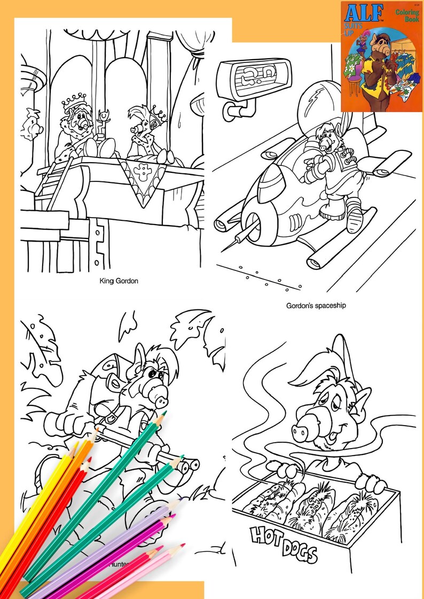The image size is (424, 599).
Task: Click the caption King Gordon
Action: tap(119, 280)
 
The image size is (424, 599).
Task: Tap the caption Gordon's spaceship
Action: tap(316, 306)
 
